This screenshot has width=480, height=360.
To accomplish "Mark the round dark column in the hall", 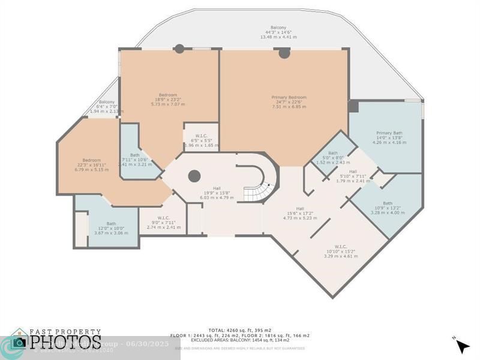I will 194,176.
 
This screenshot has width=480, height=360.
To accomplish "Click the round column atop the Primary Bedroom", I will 284,53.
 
